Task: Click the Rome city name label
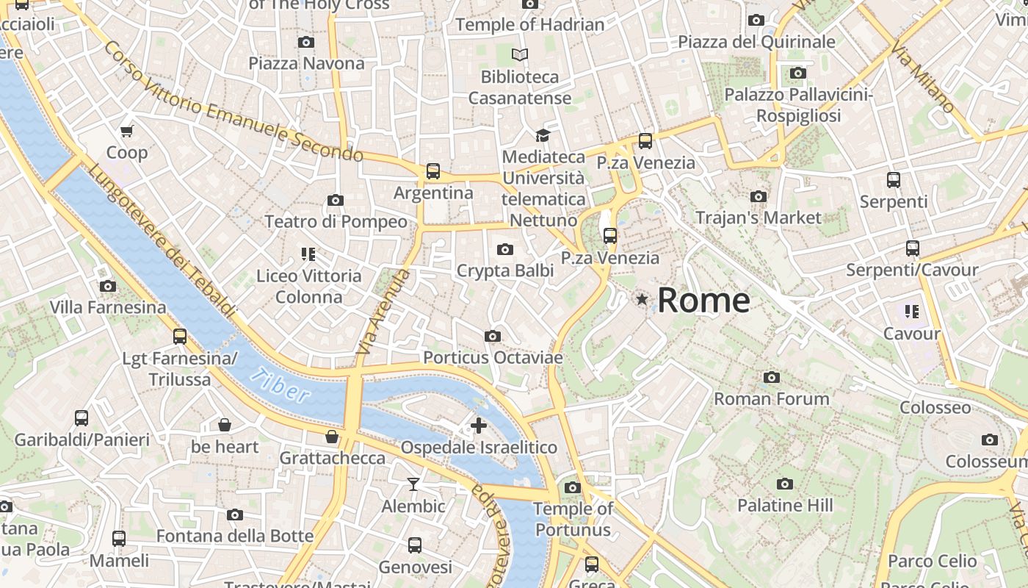tap(703, 301)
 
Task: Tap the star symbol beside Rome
tap(642, 299)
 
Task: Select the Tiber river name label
tap(279, 385)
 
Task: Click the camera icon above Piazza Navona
tap(306, 43)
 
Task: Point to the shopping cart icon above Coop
tap(127, 132)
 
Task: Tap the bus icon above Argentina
tap(433, 171)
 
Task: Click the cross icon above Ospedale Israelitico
tap(479, 426)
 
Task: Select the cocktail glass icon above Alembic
tap(413, 484)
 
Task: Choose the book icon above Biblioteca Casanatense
tap(520, 54)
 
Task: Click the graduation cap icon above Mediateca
tap(543, 135)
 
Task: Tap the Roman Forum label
tap(772, 398)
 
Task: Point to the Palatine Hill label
tap(785, 506)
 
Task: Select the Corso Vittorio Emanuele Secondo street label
tap(234, 101)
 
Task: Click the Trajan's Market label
tap(758, 218)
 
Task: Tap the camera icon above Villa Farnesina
tap(108, 287)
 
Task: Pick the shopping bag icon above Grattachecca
tap(332, 437)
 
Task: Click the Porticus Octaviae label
tap(493, 358)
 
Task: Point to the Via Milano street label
tap(923, 77)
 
